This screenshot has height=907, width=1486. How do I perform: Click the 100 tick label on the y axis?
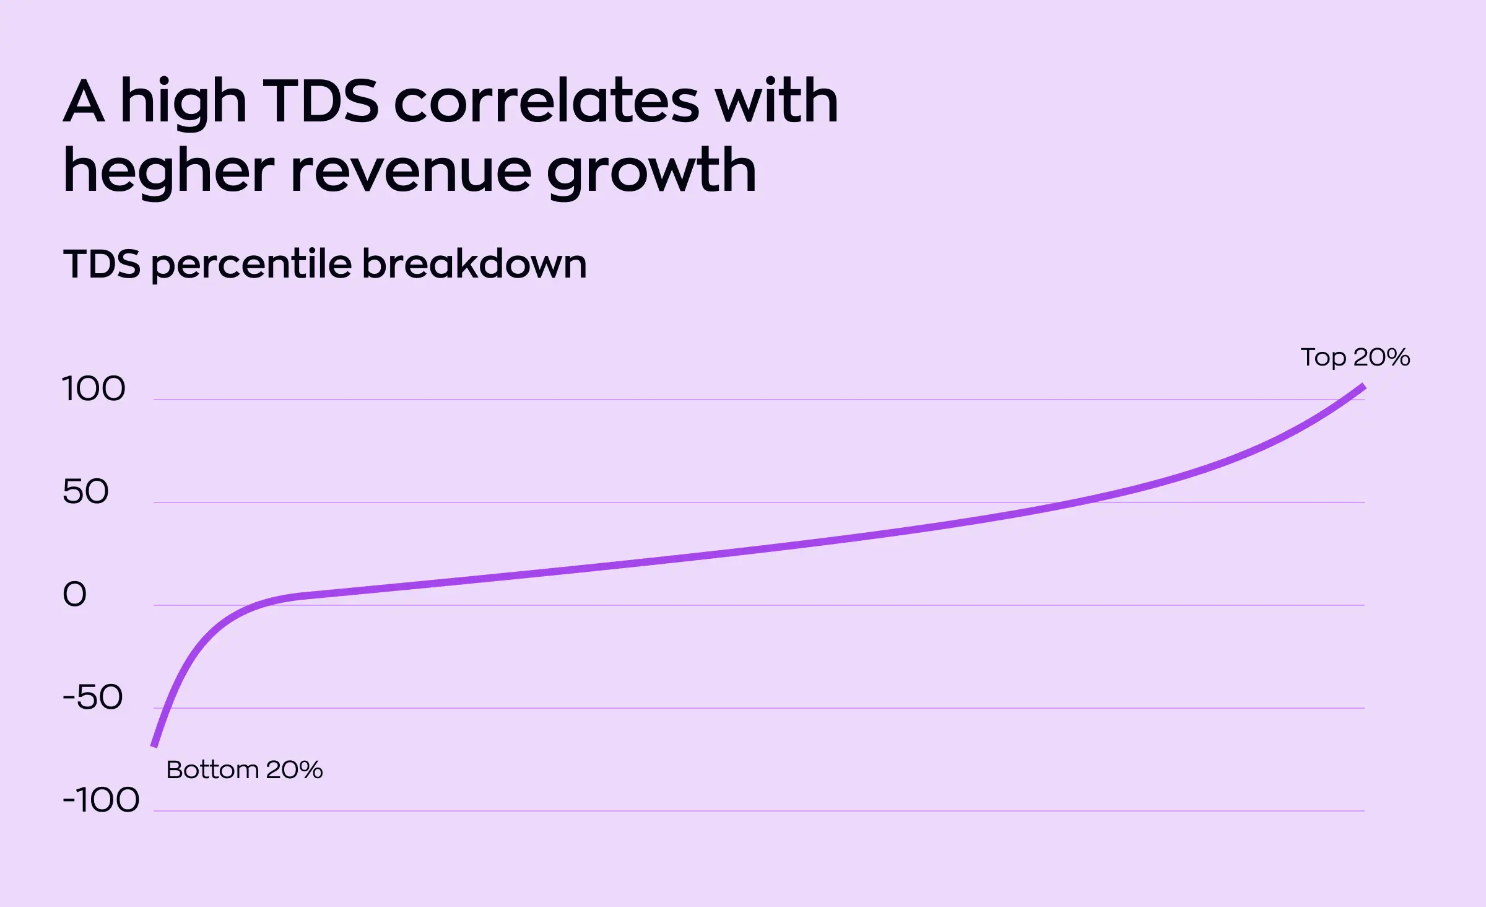coord(93,389)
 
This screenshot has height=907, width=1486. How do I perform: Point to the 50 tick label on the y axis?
coord(85,492)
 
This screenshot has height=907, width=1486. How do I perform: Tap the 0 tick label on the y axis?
coord(74,595)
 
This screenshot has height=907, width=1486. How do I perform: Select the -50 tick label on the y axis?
coord(93,698)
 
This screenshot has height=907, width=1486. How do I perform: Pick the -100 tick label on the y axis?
coord(101,800)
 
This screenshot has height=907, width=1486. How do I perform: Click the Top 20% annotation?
coord(1355,357)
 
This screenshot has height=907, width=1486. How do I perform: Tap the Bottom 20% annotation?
coord(245,770)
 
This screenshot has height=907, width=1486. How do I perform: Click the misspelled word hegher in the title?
coord(168,172)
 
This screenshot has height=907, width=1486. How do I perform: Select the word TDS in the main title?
coord(320,102)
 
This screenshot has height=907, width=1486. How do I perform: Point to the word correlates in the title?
coord(547,102)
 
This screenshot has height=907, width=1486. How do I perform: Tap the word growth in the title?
coord(651,172)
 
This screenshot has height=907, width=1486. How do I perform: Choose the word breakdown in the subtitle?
coord(474,264)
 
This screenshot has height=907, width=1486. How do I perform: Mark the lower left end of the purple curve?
coord(154,746)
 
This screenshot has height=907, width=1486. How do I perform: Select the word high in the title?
coord(183,102)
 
